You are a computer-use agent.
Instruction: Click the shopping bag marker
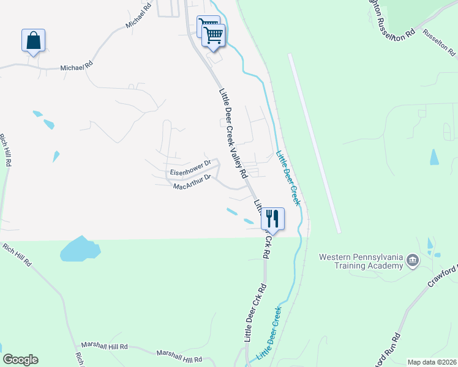click(33, 41)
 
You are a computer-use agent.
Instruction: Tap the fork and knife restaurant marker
click(272, 218)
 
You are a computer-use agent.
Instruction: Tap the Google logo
click(20, 360)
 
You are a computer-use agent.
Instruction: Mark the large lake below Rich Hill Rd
click(79, 249)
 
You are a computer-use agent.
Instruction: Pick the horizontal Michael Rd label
click(76, 67)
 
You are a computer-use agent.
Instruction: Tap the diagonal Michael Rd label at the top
click(138, 15)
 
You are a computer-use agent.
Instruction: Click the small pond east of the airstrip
click(434, 157)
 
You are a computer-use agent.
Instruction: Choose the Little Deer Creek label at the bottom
click(272, 333)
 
